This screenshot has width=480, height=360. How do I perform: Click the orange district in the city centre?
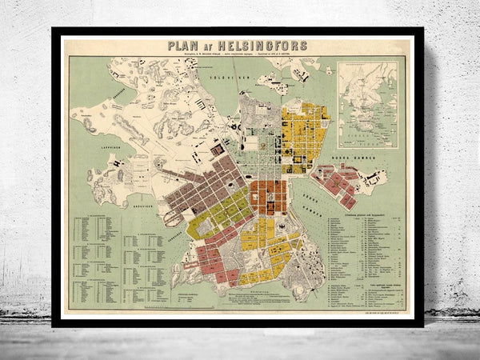pyautogui.click(x=269, y=197)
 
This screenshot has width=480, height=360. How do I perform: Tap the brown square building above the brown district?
pyautogui.click(x=218, y=149)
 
